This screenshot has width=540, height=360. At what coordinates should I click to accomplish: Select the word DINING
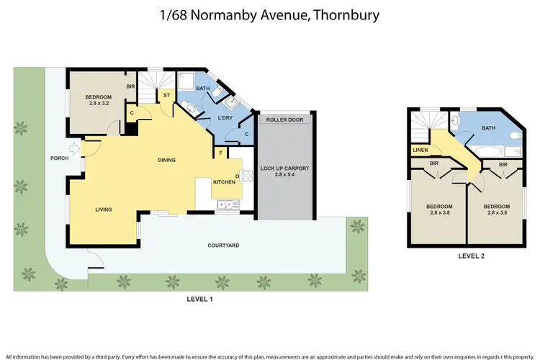tap(168, 161)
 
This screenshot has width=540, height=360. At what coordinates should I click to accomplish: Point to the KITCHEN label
tap(224, 182)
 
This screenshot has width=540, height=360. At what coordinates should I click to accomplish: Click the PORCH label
tap(59, 158)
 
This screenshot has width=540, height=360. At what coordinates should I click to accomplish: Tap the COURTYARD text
tap(223, 246)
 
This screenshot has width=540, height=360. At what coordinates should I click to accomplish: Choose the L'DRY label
tap(224, 118)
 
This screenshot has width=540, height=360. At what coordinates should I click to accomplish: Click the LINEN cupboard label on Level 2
tap(419, 150)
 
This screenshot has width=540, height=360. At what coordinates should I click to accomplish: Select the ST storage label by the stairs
tap(166, 94)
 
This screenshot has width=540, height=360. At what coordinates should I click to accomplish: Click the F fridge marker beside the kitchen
tap(221, 153)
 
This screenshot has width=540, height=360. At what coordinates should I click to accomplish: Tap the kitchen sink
tap(228, 205)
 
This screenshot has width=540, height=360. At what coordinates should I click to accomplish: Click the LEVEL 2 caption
tap(472, 255)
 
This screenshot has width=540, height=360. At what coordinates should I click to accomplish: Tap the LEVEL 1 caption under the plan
tap(199, 299)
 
